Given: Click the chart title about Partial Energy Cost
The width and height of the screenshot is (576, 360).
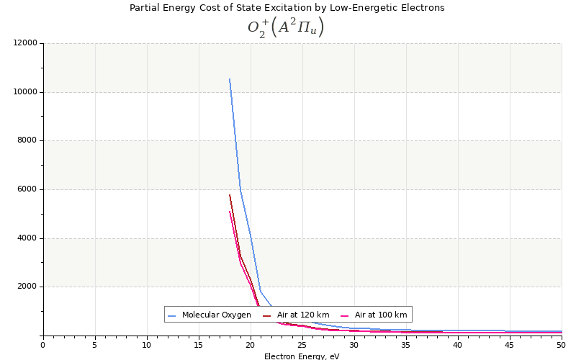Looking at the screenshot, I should point(287,8).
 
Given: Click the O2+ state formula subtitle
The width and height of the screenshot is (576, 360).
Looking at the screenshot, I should point(286,27).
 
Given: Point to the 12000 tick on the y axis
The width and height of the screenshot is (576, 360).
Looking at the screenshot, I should point(25,43).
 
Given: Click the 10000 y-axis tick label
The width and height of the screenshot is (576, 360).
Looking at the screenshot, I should point(25,92).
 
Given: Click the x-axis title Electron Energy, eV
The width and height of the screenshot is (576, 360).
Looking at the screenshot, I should point(302,356).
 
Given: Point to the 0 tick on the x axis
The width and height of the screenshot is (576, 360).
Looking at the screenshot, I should point(43,345).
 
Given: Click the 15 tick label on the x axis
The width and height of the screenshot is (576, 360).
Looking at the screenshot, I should point(199,345).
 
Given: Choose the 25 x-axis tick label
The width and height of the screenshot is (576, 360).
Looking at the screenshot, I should point(302,345).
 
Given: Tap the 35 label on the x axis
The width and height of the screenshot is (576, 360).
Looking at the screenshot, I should point(406,345).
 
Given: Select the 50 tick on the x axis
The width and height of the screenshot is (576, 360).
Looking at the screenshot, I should point(561,345).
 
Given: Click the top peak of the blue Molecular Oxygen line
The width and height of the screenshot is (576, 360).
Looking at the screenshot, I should point(230,79).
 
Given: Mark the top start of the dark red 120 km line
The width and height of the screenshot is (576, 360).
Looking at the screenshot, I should point(230,195).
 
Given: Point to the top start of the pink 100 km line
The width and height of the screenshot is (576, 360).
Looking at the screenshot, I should point(230,211).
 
